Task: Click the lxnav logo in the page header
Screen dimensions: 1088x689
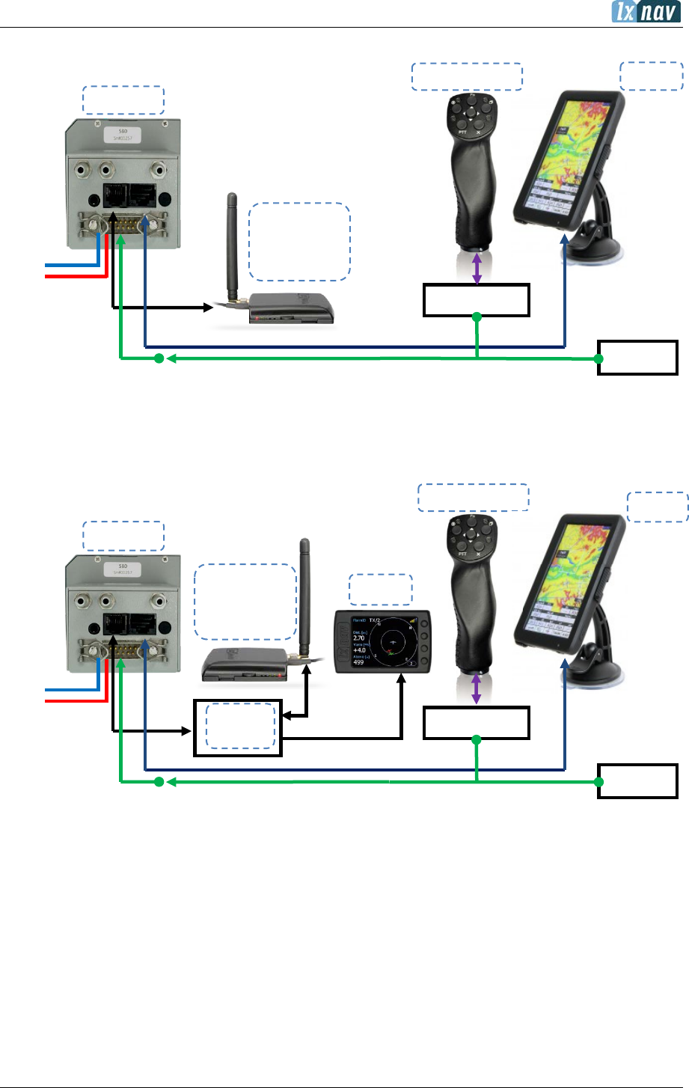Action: tap(646, 12)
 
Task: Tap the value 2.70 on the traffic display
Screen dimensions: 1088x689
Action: tap(359, 638)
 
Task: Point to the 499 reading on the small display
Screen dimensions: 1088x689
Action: tap(358, 662)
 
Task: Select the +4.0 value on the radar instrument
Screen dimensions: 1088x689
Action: tap(361, 650)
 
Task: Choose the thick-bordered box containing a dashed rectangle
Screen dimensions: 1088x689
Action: tap(238, 727)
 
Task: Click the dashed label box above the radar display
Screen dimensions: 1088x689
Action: tap(381, 590)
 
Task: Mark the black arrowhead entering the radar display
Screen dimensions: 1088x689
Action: tap(402, 680)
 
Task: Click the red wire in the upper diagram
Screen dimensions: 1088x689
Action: tap(75, 276)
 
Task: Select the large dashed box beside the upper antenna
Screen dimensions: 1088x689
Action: tap(299, 241)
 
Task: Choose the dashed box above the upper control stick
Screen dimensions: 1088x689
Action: tap(467, 77)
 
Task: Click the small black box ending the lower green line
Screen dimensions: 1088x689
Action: tap(637, 781)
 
